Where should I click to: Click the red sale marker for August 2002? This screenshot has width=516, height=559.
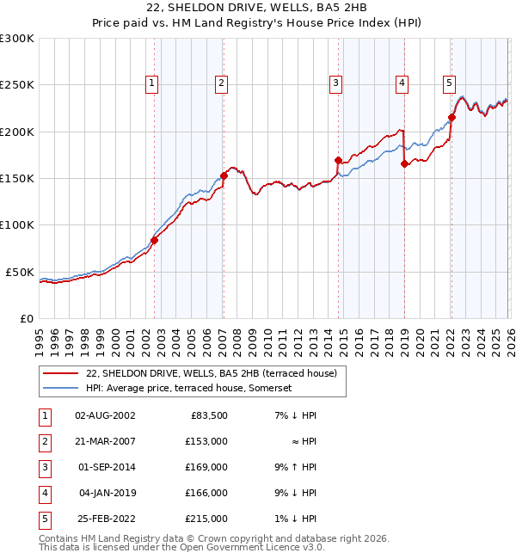155,241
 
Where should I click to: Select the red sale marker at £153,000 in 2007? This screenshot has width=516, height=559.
224,175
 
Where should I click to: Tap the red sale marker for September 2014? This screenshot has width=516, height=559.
338,160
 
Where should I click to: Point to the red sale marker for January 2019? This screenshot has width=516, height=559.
404,164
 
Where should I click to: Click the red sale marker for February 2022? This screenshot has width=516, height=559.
451,118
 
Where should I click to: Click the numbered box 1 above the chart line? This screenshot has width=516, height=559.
151,83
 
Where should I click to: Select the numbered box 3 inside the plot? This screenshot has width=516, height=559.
335,83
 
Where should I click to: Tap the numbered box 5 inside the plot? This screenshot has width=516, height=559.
449,83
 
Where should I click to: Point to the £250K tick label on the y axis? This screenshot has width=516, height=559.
17,85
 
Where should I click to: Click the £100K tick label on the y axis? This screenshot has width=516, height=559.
17,225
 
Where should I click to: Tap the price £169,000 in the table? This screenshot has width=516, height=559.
206,469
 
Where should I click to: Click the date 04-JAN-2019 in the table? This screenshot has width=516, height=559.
105,494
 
